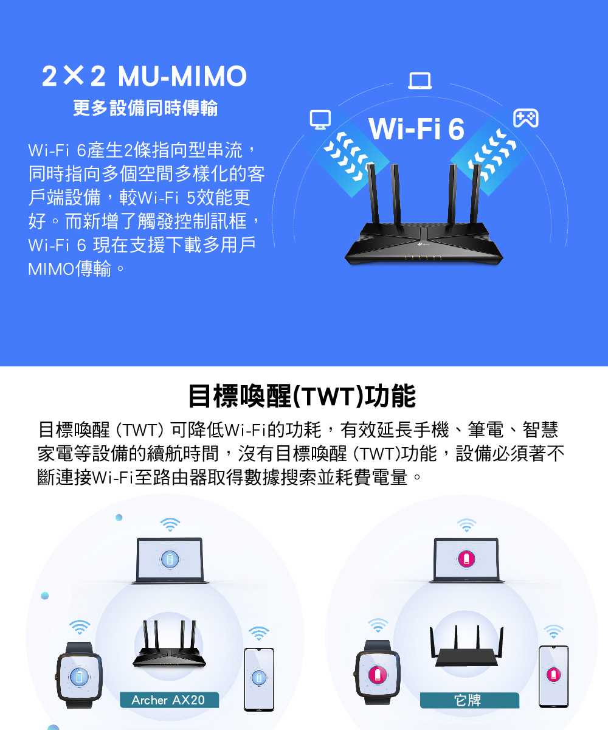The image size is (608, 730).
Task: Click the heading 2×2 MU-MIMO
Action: pos(145,77)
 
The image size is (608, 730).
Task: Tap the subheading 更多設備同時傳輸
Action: pos(145,109)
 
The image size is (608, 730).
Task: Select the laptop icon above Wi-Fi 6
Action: pos(420,81)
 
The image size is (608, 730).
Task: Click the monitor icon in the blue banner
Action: pos(319,119)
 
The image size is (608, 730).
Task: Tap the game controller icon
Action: pos(525,118)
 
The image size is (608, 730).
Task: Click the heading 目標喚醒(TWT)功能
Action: pos(302,396)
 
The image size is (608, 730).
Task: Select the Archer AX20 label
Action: pos(168,700)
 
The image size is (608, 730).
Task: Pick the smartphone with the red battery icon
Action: pos(553,676)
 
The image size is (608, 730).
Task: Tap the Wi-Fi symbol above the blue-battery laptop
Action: pos(170,525)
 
